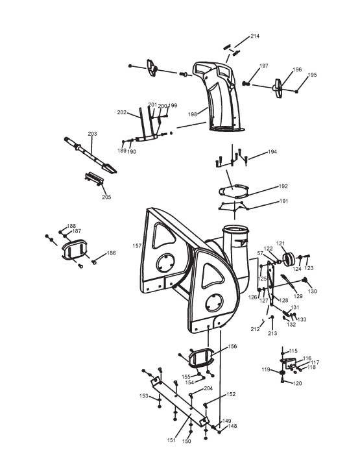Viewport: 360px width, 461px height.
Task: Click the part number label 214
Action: tap(255, 36)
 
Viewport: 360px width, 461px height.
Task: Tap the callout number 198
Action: tap(193, 114)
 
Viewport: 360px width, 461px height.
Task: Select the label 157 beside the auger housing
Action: tap(137, 246)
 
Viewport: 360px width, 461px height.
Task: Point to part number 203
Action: tap(93, 134)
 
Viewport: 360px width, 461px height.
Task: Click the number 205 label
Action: tap(106, 197)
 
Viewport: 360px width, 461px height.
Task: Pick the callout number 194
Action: tap(272, 152)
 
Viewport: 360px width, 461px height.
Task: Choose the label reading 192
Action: tap(283, 186)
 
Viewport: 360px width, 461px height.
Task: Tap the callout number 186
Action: tap(112, 253)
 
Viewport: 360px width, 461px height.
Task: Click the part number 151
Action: tap(171, 440)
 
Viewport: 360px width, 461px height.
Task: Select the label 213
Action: tap(272, 333)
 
